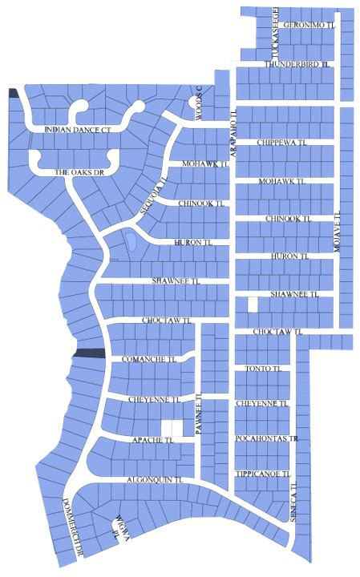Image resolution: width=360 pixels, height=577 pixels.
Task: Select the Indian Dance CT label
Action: [82, 129]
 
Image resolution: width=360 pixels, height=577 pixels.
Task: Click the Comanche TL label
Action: [148, 360]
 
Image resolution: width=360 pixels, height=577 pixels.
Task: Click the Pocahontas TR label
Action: [267, 439]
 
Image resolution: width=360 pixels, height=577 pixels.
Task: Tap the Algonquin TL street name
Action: [156, 479]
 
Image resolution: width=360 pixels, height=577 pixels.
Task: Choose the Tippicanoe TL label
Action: [262, 474]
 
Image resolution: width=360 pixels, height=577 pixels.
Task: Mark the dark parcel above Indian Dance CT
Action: [13, 92]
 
